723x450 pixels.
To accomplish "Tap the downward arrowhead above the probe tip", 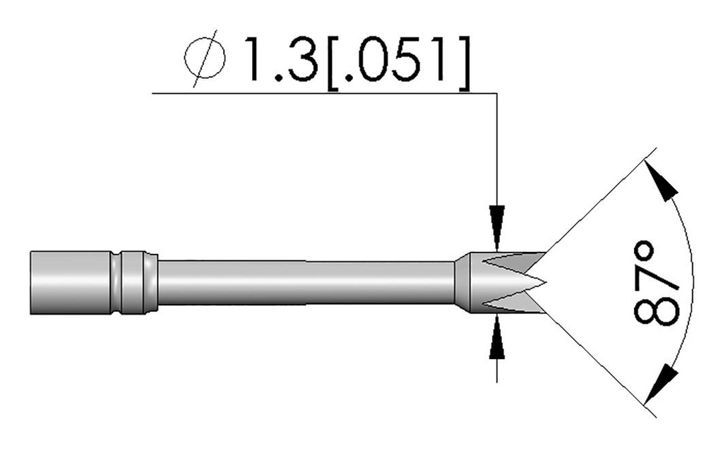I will coord(498,215).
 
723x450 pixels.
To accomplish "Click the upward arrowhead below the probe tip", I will coord(498,345).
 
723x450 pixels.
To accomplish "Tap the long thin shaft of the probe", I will coord(304,282).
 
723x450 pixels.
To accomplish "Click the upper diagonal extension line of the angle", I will coord(600,201).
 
